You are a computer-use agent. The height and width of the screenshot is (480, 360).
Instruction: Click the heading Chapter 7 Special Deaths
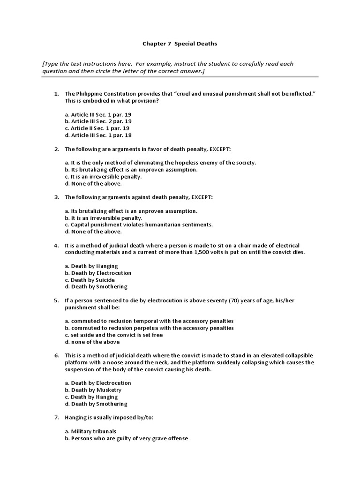(180, 44)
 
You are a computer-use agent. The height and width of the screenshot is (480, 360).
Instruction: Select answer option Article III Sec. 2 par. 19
(98, 121)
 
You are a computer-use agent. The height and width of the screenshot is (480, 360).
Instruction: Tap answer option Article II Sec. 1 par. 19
(97, 128)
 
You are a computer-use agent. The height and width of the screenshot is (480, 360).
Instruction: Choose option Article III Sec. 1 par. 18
(98, 135)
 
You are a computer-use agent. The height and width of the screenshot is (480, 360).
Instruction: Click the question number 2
(56, 149)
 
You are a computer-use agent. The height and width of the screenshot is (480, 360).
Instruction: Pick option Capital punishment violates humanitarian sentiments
(139, 225)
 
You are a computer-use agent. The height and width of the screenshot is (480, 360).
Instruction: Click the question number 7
(56, 417)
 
